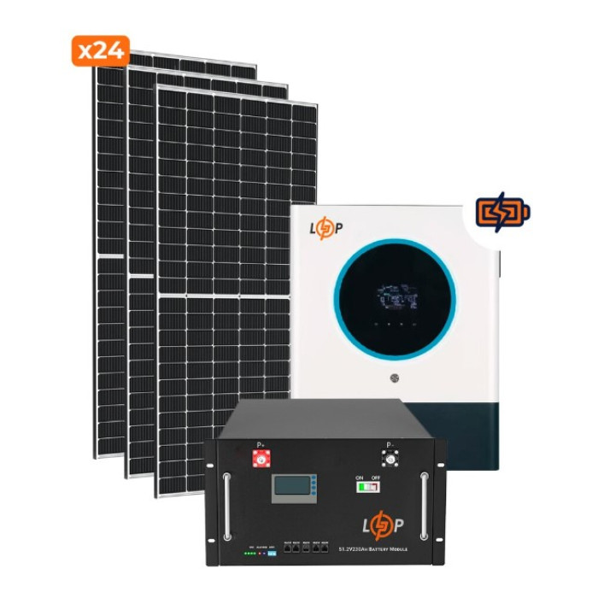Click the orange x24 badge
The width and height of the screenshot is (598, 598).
(x=100, y=50)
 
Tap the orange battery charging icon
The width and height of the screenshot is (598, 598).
(x=503, y=212)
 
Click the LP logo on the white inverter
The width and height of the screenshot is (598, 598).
(x=325, y=228)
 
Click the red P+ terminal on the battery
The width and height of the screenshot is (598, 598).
(x=258, y=459)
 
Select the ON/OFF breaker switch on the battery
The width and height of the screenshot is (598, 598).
(x=368, y=487)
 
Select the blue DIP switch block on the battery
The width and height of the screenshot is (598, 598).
(x=272, y=554)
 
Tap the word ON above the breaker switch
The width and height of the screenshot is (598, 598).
(x=361, y=475)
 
